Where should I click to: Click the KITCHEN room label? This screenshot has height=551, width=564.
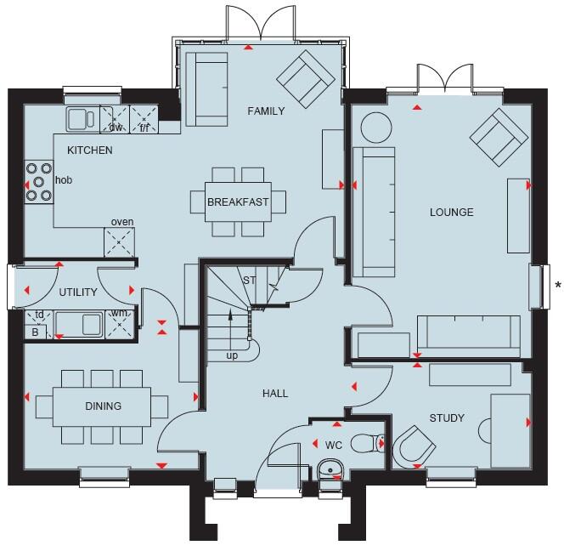pyautogui.click(x=91, y=151)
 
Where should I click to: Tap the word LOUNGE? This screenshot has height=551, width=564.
pyautogui.click(x=451, y=212)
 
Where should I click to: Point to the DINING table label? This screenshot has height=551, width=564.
pyautogui.click(x=103, y=406)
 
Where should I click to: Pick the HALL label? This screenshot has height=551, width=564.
pyautogui.click(x=275, y=394)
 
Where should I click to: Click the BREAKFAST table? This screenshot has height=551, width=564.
pyautogui.click(x=238, y=202)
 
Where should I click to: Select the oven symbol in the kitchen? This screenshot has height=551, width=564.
pyautogui.click(x=121, y=242)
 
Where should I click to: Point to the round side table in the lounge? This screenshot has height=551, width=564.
pyautogui.click(x=374, y=128)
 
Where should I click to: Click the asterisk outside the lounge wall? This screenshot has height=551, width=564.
pyautogui.click(x=557, y=286)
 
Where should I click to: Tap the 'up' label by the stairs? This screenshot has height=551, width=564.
pyautogui.click(x=231, y=355)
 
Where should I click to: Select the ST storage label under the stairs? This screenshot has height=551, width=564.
pyautogui.click(x=249, y=281)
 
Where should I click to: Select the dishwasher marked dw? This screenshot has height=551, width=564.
pyautogui.click(x=115, y=119)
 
